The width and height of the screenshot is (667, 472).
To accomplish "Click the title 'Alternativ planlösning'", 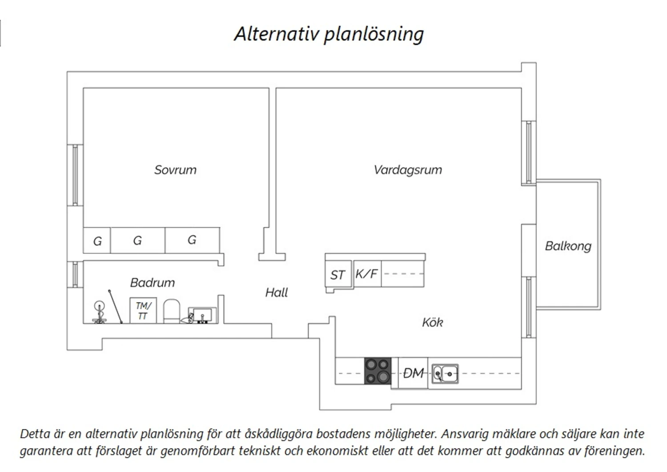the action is pyautogui.click(x=329, y=34).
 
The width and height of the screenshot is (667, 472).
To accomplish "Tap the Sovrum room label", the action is pyautogui.click(x=175, y=170).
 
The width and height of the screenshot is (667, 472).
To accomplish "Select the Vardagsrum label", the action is pyautogui.click(x=408, y=170).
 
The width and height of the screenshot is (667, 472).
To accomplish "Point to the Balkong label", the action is pyautogui.click(x=568, y=246).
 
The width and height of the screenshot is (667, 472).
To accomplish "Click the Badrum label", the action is pyautogui.click(x=153, y=283).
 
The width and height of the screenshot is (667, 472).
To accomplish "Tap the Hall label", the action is pyautogui.click(x=276, y=293).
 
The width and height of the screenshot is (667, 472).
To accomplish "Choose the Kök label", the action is pyautogui.click(x=432, y=322).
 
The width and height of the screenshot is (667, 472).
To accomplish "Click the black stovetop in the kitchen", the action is pyautogui.click(x=378, y=371).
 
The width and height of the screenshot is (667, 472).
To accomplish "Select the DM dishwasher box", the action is pyautogui.click(x=413, y=373).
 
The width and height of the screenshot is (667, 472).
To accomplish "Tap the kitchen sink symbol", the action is pyautogui.click(x=445, y=374).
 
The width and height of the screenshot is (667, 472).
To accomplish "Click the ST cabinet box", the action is pyautogui.click(x=338, y=274).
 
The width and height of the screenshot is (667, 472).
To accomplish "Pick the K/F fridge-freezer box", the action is pyautogui.click(x=367, y=274).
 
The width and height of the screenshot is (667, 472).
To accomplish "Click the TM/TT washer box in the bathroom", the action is pyautogui.click(x=143, y=310).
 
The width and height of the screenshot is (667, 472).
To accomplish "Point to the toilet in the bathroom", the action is pyautogui.click(x=172, y=311).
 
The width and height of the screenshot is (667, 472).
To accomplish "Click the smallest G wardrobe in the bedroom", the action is pyautogui.click(x=97, y=240).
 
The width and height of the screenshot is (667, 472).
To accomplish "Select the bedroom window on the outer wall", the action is pyautogui.click(x=75, y=175).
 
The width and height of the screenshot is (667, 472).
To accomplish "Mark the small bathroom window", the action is pyautogui.click(x=75, y=274).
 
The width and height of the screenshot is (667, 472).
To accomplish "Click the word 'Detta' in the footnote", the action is pyautogui.click(x=36, y=434).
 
